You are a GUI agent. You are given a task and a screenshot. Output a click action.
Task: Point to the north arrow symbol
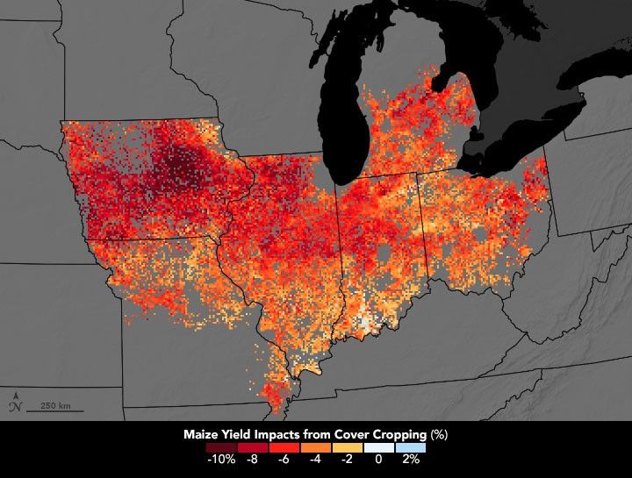coord(13,404)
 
